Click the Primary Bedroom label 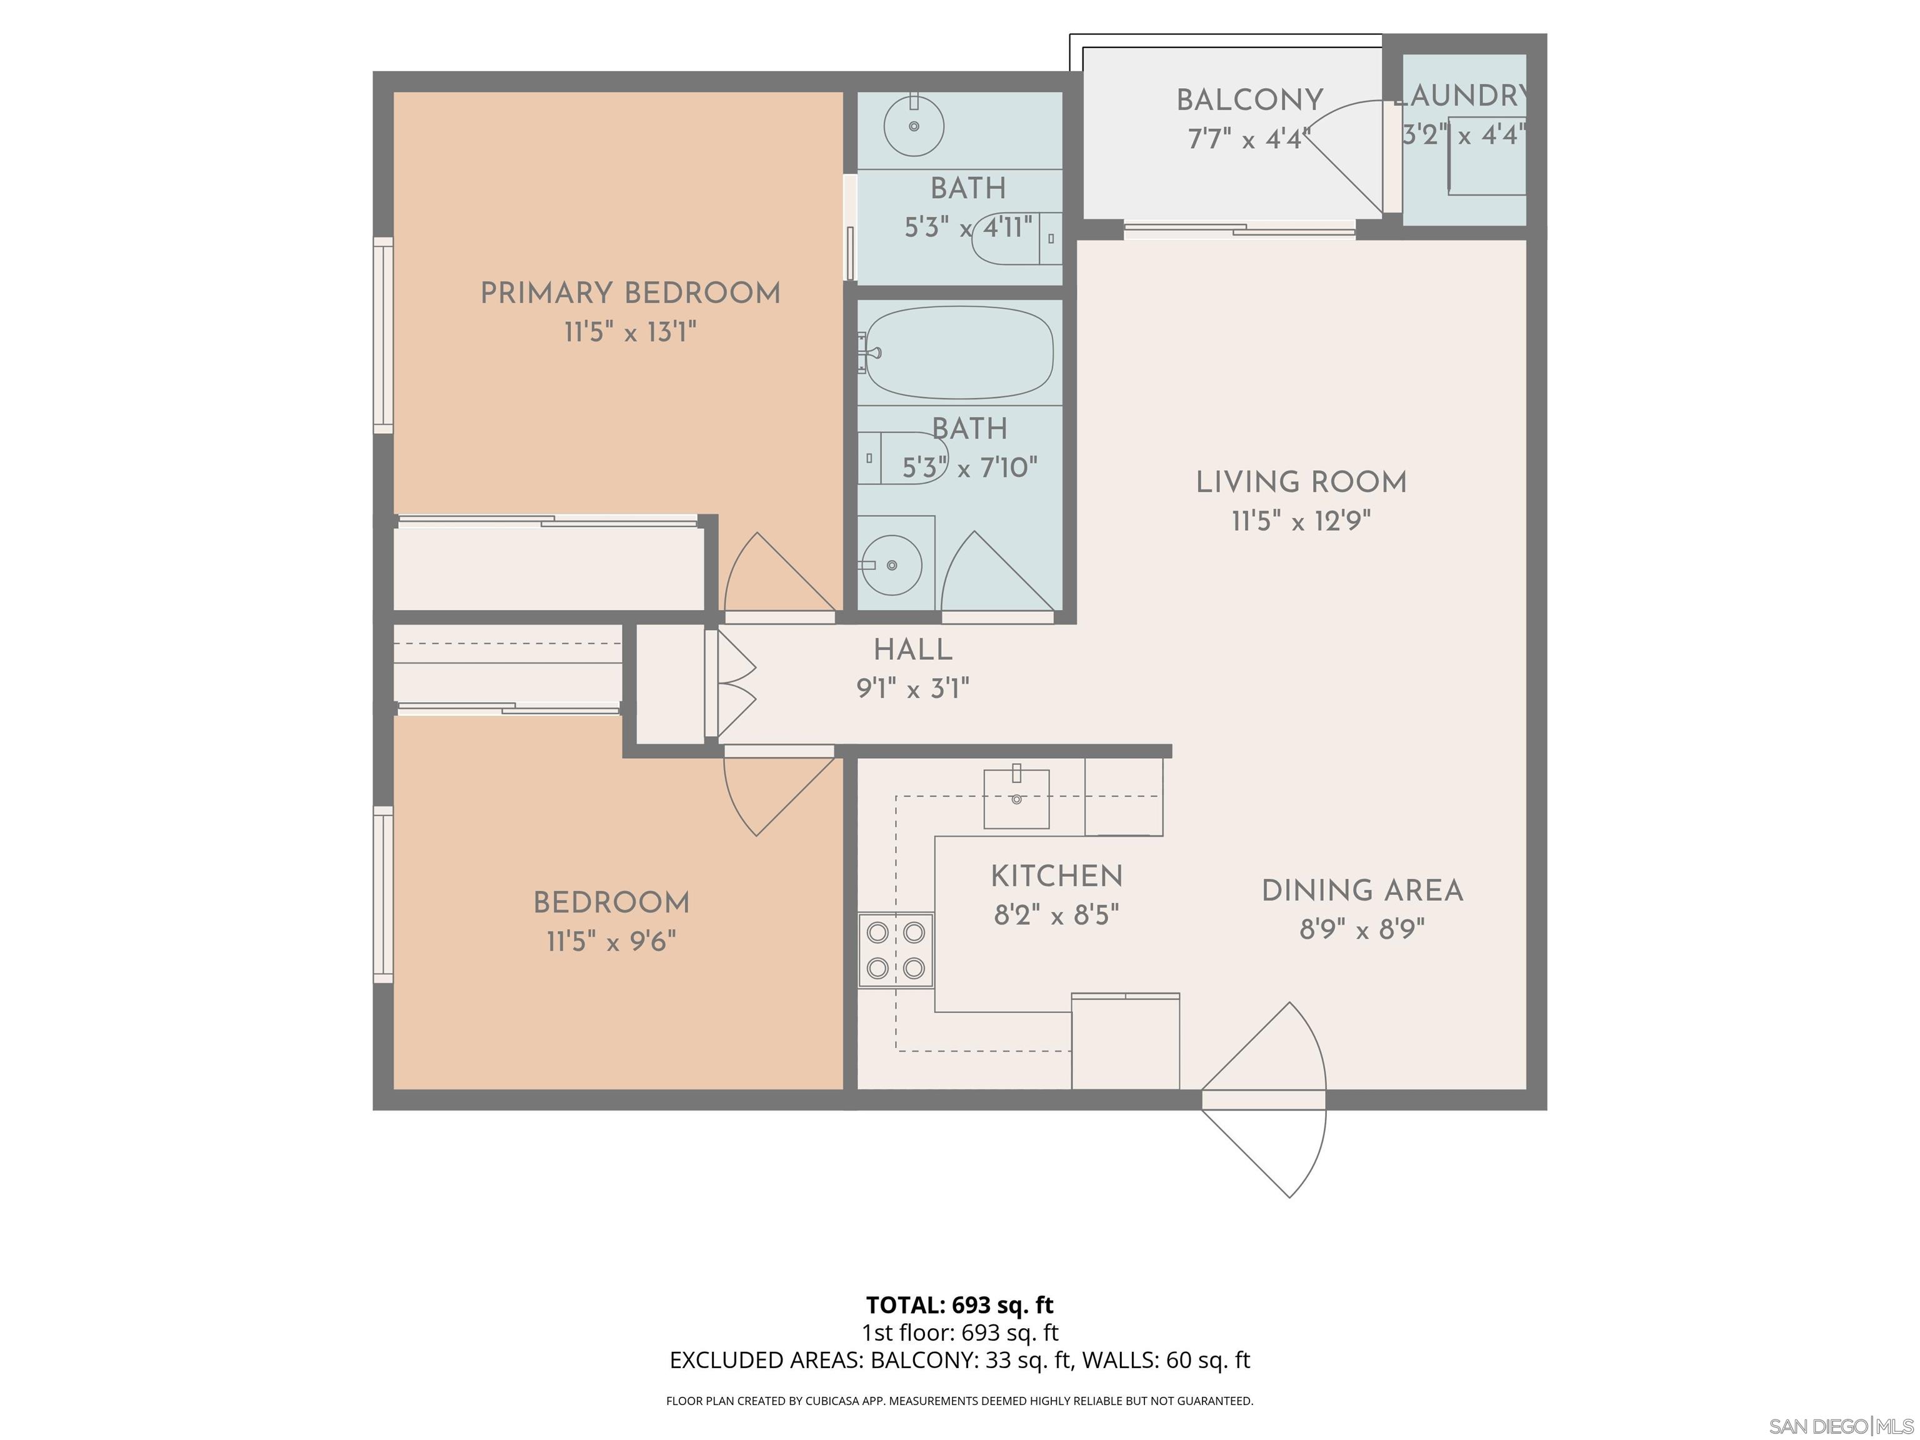pos(630,293)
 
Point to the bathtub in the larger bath pos(959,352)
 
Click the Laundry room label pos(1462,96)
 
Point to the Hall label pos(912,650)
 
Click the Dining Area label pos(1361,891)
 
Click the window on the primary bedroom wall pos(382,335)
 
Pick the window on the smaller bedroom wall pos(382,895)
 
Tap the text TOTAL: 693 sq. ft pos(959,1304)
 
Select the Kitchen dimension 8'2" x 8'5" pos(1056,916)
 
